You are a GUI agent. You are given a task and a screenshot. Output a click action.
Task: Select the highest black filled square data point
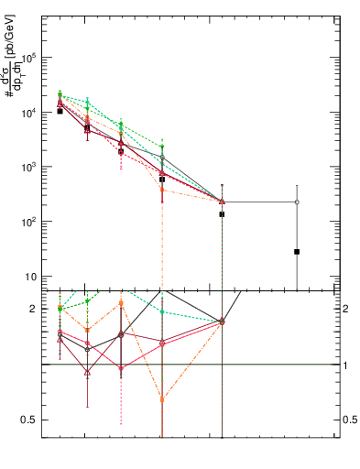point(60,111)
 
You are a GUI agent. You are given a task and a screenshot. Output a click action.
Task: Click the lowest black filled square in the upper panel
point(297,251)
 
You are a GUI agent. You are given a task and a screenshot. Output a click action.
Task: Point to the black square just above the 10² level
point(222,214)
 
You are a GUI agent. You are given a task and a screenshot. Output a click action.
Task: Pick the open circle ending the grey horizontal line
point(297,202)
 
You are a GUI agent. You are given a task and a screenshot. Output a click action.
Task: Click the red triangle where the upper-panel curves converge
point(222,202)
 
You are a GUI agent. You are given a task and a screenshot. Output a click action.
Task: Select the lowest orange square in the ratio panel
point(162,399)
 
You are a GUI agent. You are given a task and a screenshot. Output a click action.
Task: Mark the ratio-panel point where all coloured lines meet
point(222,322)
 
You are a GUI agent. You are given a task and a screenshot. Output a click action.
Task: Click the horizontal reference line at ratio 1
point(275,365)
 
